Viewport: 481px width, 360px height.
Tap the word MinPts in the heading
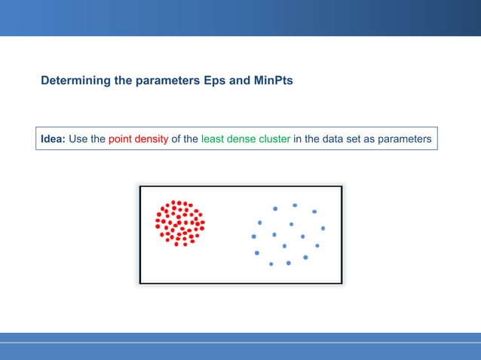(x=271, y=80)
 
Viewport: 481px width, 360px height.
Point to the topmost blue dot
(x=295, y=205)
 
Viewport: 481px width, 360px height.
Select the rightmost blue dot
(x=323, y=228)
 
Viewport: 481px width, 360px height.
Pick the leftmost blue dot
(x=253, y=236)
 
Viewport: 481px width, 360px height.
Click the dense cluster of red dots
(x=179, y=223)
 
